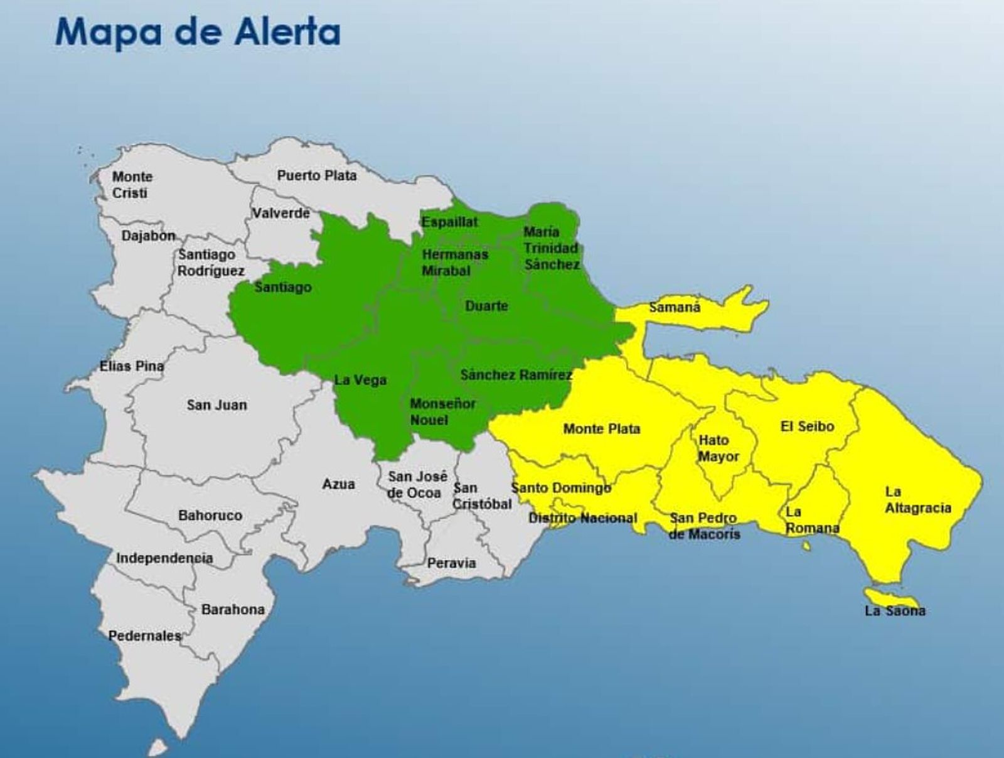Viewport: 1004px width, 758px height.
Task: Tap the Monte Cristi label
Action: point(132,185)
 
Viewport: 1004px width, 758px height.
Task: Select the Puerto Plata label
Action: point(317,176)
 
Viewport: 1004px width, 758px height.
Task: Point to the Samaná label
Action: point(675,307)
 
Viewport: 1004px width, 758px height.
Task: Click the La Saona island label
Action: point(895,610)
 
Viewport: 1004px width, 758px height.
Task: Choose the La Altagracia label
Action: point(917,500)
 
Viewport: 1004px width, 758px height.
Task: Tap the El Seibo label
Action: point(807,427)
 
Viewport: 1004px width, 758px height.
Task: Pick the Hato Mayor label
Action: point(718,448)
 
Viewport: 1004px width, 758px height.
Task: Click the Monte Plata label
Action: point(601,429)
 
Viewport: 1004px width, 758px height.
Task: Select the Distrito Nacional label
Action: point(582,518)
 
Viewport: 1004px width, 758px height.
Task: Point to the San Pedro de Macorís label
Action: point(704,526)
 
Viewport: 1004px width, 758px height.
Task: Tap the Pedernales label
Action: point(144,636)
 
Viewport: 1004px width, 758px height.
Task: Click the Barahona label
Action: point(233,609)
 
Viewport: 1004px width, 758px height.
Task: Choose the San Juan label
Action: point(216,405)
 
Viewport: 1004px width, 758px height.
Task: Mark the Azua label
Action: point(338,484)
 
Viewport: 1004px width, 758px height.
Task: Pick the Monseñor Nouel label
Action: point(442,411)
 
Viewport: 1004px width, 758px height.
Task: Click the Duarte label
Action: point(486,306)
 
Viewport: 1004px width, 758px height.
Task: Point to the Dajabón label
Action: point(149,236)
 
